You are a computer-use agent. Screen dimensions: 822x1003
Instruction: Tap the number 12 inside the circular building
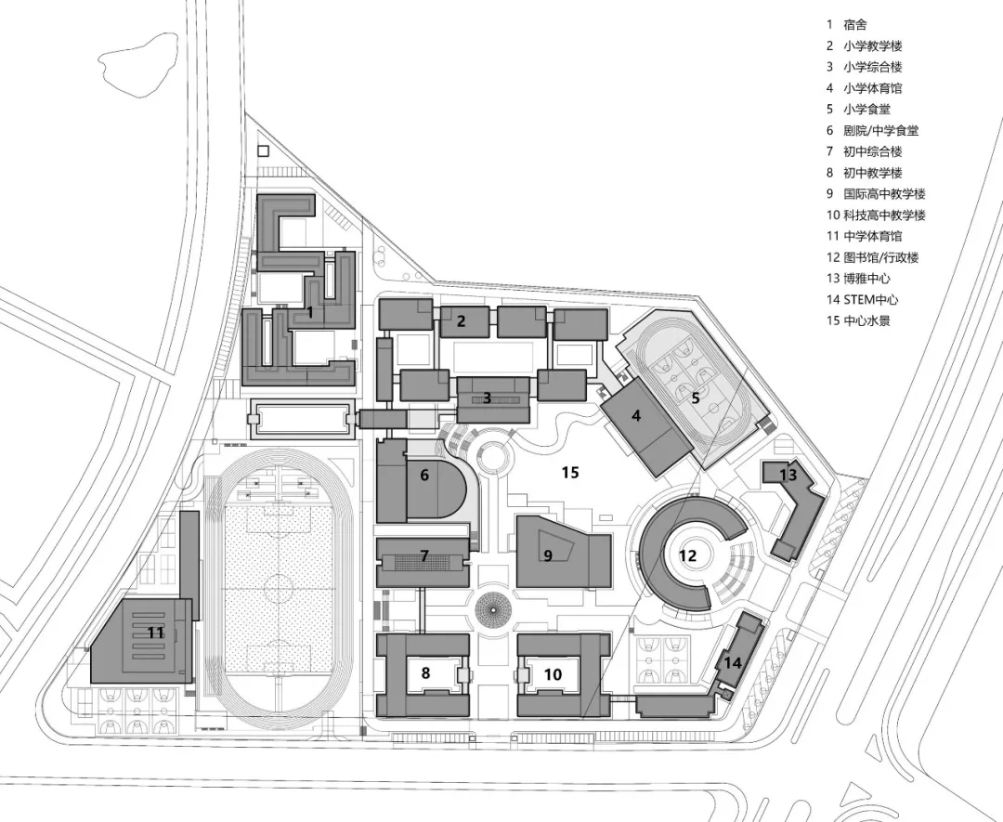pyautogui.click(x=687, y=556)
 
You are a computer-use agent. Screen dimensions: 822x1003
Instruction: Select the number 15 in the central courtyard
pyautogui.click(x=570, y=473)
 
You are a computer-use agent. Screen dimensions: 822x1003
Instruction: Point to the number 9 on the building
pyautogui.click(x=548, y=555)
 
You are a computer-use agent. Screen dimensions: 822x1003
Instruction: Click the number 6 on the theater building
pyautogui.click(x=424, y=475)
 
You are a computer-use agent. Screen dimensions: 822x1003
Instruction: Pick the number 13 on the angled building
pyautogui.click(x=788, y=475)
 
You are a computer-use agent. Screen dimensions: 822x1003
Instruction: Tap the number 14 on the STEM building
pyautogui.click(x=733, y=663)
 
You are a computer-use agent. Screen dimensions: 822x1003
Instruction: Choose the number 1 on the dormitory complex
pyautogui.click(x=310, y=313)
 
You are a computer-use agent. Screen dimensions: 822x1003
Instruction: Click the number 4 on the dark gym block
pyautogui.click(x=636, y=416)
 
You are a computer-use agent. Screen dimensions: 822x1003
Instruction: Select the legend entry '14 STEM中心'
pyautogui.click(x=862, y=300)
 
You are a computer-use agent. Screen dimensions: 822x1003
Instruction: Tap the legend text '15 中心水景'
pyautogui.click(x=862, y=321)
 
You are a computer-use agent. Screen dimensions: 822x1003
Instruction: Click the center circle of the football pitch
pyautogui.click(x=276, y=585)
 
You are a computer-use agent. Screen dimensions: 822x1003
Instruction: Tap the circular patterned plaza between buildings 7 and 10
pyautogui.click(x=493, y=610)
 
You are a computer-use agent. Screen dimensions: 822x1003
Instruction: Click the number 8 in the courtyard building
pyautogui.click(x=425, y=673)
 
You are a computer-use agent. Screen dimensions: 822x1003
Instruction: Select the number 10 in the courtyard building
pyautogui.click(x=553, y=674)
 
